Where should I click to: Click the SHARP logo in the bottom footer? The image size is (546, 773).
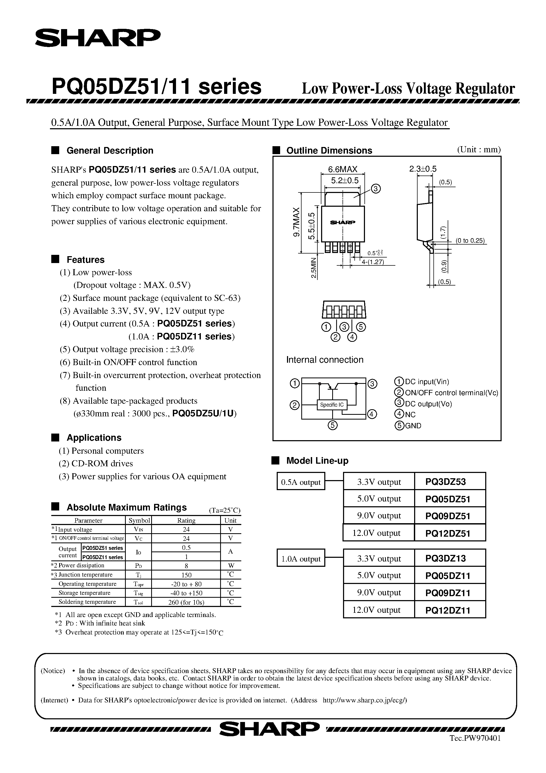(269, 729)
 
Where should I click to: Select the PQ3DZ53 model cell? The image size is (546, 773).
(445, 482)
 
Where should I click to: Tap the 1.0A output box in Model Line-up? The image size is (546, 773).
(300, 559)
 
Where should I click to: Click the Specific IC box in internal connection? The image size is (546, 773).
(332, 405)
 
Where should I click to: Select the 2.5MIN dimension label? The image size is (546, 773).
(314, 268)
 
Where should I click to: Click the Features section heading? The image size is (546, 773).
(86, 260)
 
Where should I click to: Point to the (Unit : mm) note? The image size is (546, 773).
(479, 149)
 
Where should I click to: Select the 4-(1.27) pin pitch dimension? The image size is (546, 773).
(373, 262)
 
